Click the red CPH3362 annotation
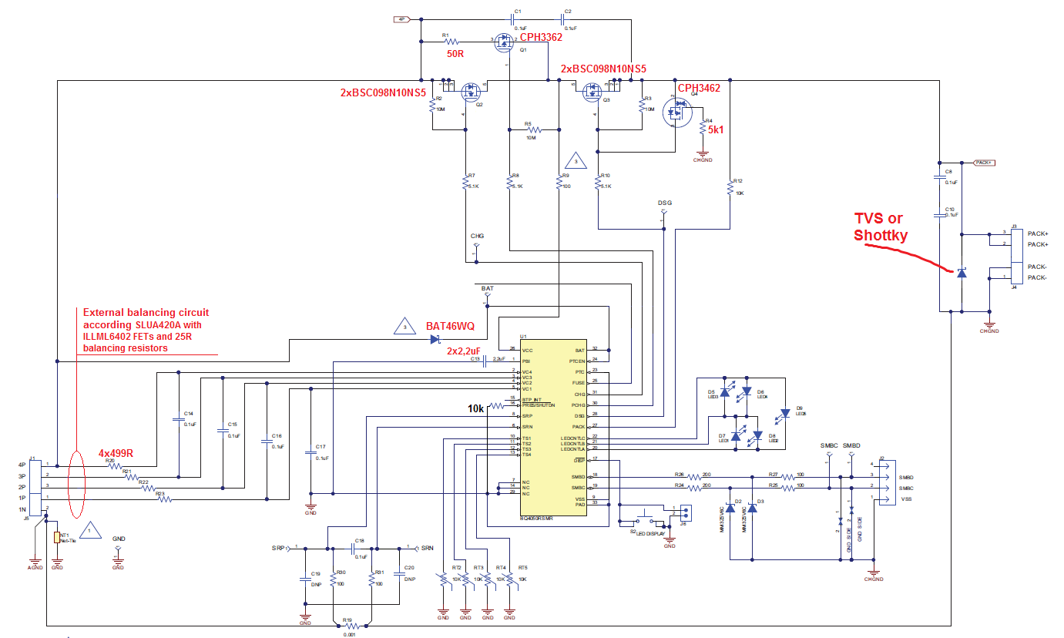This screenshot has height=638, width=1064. click(541, 37)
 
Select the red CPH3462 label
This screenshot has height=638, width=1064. click(699, 89)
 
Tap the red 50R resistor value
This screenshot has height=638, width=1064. click(456, 55)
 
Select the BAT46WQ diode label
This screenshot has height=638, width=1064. click(451, 326)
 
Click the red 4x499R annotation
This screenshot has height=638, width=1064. click(116, 453)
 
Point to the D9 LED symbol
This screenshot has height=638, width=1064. click(784, 414)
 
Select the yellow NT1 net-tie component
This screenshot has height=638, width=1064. click(57, 538)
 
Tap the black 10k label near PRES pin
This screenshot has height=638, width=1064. click(475, 408)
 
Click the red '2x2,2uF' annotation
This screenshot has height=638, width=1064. click(465, 351)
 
